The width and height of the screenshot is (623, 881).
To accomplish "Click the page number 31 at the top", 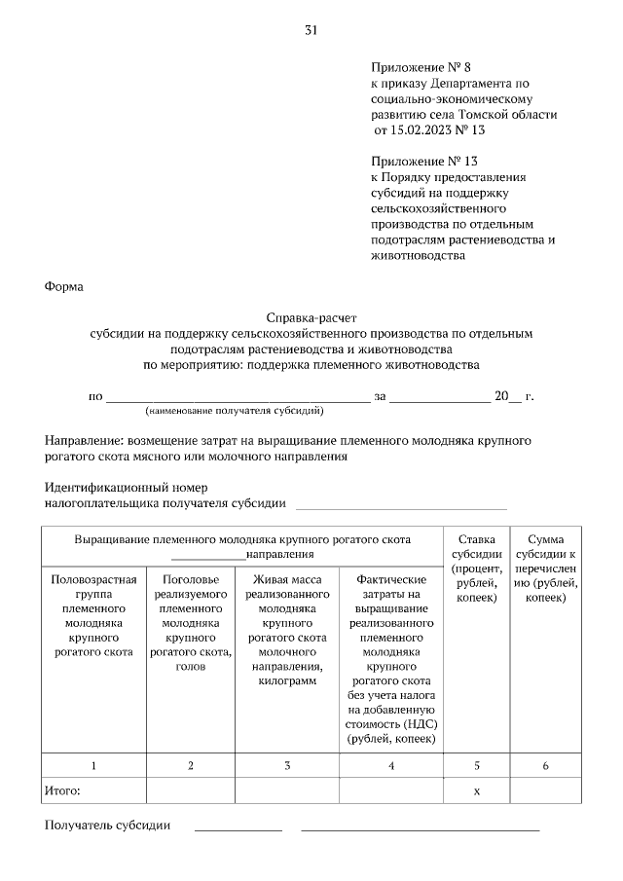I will click(x=311, y=30).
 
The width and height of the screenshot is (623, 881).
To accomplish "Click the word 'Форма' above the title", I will click(x=64, y=287).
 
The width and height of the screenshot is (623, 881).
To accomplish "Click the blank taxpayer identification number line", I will click(x=401, y=505).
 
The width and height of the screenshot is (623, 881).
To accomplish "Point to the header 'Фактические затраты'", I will click(x=390, y=657).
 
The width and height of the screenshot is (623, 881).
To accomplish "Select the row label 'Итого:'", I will click(x=62, y=791).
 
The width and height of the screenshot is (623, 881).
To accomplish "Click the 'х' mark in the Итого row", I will click(x=476, y=791).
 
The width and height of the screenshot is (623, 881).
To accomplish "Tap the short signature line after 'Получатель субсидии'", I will click(x=238, y=828).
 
